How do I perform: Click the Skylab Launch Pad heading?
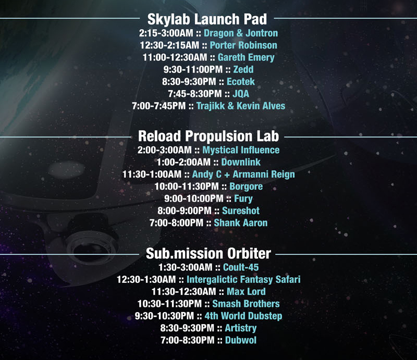pos(207,19)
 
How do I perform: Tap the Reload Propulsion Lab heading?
pos(208,136)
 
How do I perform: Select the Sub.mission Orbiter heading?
pos(208,253)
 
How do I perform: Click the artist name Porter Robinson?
pos(243,45)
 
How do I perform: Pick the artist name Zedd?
pos(243,69)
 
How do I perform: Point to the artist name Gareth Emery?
pos(246,57)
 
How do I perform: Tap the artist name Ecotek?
pos(241,82)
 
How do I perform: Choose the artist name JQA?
pos(241,94)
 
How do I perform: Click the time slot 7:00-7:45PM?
pos(159,106)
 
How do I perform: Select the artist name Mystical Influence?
pos(241,150)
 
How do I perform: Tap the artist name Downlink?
pos(241,162)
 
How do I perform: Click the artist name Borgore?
pos(246,187)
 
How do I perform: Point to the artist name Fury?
pos(243,199)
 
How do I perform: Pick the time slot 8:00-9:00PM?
pos(185,211)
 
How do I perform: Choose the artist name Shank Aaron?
pos(241,223)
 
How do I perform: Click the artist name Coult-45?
pos(241,267)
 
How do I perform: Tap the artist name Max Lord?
pos(246,292)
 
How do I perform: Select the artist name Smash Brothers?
pos(246,304)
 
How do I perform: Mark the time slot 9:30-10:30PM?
pos(164,316)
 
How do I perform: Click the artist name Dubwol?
pos(241,340)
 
